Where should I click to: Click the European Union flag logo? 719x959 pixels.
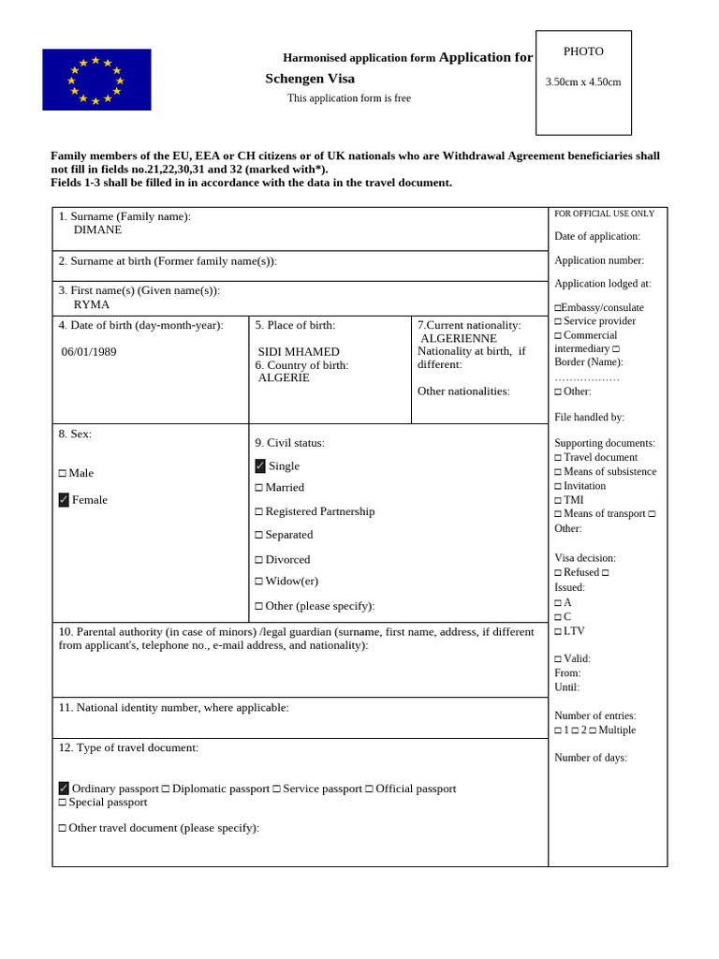tap(96, 80)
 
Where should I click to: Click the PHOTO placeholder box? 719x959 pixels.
tap(583, 82)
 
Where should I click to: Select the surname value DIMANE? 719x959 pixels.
tap(97, 229)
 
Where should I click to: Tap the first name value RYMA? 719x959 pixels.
tap(92, 304)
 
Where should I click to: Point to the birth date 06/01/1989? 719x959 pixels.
tap(89, 352)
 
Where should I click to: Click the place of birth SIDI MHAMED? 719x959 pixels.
tap(299, 352)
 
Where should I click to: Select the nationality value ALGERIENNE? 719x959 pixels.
tap(459, 338)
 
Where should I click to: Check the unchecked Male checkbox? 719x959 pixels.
tap(63, 474)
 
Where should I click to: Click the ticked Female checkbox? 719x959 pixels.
tap(64, 500)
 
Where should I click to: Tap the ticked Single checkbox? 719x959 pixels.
tap(260, 466)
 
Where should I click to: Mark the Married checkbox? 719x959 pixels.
tap(259, 488)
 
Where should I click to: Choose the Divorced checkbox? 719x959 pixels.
tap(259, 560)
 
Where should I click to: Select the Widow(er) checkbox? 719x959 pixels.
tap(259, 582)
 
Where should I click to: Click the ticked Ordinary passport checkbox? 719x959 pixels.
tap(64, 789)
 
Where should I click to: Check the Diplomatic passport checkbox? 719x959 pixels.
tap(166, 789)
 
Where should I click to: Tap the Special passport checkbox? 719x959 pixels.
tap(63, 803)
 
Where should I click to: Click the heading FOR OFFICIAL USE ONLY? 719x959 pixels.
tap(604, 214)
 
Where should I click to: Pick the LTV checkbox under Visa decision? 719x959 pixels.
tap(558, 632)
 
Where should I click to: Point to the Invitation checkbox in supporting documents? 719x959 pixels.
tap(558, 486)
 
